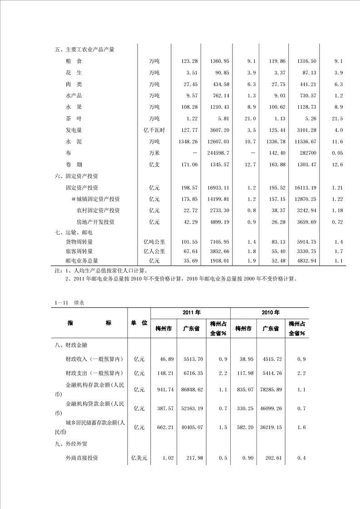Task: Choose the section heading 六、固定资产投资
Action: pos(76,176)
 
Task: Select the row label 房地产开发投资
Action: pos(95,222)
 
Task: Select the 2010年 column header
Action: pos(270,313)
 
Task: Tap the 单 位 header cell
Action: pos(139,323)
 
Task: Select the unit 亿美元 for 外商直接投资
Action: pos(139,458)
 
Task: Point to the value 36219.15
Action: pos(271,427)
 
